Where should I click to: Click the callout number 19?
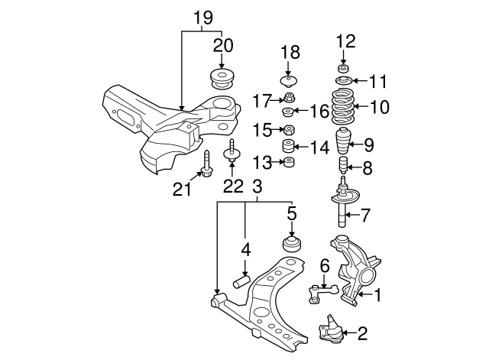pyautogui.click(x=202, y=17)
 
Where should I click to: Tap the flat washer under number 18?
pyautogui.click(x=290, y=80)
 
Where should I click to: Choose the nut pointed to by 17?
pyautogui.click(x=290, y=98)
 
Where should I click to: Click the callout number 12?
pyautogui.click(x=345, y=40)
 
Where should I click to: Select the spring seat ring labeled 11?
pyautogui.click(x=342, y=81)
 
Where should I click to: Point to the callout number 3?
pyautogui.click(x=257, y=186)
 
